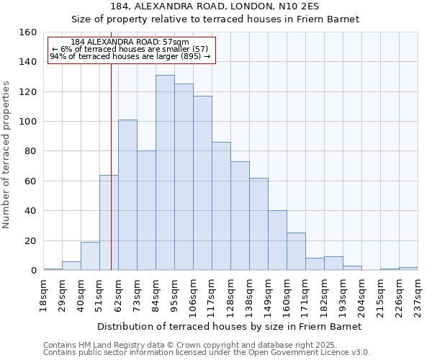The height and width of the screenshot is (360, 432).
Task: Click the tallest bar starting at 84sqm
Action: click(165, 173)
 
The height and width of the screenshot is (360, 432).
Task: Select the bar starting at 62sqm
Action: click(127, 194)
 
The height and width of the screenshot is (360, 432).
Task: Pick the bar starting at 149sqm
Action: click(277, 240)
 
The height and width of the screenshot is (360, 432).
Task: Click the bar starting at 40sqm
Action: click(90, 256)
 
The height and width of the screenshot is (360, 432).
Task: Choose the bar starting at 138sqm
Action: click(258, 224)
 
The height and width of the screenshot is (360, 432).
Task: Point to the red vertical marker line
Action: click(111, 166)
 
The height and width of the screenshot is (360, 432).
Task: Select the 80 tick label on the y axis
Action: click(30, 151)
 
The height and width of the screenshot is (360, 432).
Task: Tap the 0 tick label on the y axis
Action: click(33, 271)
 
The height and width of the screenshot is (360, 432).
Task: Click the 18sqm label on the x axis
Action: click(43, 294)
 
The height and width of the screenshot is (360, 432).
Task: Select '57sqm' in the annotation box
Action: click(176, 42)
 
